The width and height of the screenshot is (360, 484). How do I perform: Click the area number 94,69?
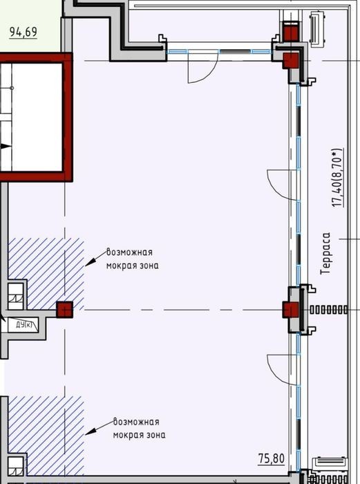[23, 32]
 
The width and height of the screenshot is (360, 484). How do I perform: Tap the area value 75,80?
[272, 458]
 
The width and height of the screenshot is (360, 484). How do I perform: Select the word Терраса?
[325, 254]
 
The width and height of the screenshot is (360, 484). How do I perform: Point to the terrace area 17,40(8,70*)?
[337, 178]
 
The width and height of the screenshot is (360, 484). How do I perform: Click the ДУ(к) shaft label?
[23, 325]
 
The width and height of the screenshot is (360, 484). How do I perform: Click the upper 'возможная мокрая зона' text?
[133, 259]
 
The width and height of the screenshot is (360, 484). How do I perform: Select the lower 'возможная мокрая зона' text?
[139, 428]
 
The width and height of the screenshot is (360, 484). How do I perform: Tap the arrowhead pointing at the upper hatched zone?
[89, 263]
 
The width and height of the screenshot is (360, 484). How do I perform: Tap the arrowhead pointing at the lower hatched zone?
[89, 432]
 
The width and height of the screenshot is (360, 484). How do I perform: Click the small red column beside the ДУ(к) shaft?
[65, 310]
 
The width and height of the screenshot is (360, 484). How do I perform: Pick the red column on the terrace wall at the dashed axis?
[291, 310]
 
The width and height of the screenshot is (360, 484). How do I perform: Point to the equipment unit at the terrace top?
[316, 29]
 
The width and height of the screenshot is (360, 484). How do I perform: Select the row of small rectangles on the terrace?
[328, 310]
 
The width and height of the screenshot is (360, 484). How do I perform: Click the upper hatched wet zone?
[46, 273]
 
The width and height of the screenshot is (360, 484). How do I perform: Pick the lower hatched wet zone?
[46, 435]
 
